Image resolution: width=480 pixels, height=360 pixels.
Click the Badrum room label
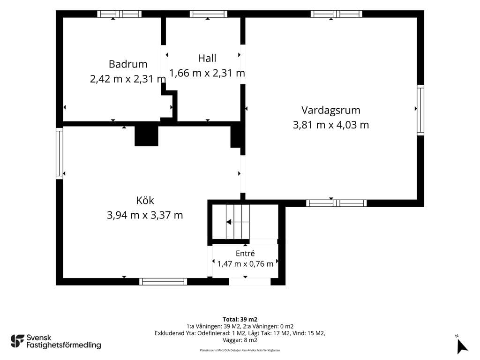128,64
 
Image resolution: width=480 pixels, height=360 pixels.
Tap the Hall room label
207,58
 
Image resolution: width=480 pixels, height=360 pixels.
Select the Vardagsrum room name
330,111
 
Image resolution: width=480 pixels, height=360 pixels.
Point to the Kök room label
145,200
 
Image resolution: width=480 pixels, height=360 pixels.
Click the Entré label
245,253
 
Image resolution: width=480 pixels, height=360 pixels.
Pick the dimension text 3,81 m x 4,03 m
330,125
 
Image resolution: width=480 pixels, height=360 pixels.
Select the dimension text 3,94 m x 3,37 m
145,215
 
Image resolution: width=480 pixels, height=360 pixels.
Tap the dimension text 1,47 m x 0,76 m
245,264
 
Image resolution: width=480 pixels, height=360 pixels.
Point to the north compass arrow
462,346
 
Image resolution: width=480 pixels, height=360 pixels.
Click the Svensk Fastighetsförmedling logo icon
17,341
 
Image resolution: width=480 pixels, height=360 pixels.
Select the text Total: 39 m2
240,320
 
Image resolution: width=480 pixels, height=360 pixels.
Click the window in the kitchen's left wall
60,153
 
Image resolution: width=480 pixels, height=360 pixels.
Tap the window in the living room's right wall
420,110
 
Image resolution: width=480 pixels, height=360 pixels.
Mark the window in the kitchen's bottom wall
163,282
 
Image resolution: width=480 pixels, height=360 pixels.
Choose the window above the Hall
209,14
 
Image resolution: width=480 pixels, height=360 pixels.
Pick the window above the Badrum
120,14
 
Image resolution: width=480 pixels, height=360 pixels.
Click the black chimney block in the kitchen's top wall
146,136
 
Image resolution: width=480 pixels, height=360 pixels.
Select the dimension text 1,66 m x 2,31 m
207,73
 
